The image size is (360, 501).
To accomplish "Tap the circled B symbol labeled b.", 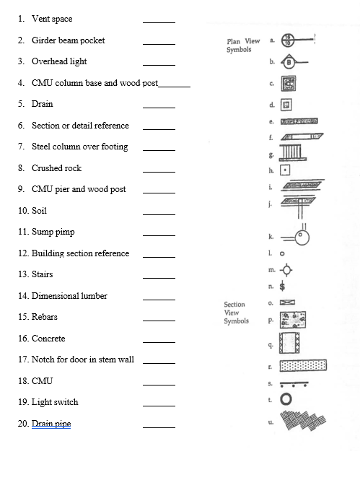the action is click(x=289, y=63).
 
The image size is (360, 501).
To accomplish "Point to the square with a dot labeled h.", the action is click(x=285, y=170).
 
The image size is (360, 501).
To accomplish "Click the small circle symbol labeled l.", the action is click(x=282, y=253).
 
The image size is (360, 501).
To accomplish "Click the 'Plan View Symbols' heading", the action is click(x=243, y=46).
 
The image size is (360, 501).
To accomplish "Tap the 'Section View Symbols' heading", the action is click(x=236, y=313).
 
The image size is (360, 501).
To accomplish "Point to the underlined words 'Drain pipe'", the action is click(x=51, y=424).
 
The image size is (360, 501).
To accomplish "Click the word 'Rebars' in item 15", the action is click(x=45, y=317).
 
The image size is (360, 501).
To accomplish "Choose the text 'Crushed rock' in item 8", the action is click(x=56, y=168).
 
